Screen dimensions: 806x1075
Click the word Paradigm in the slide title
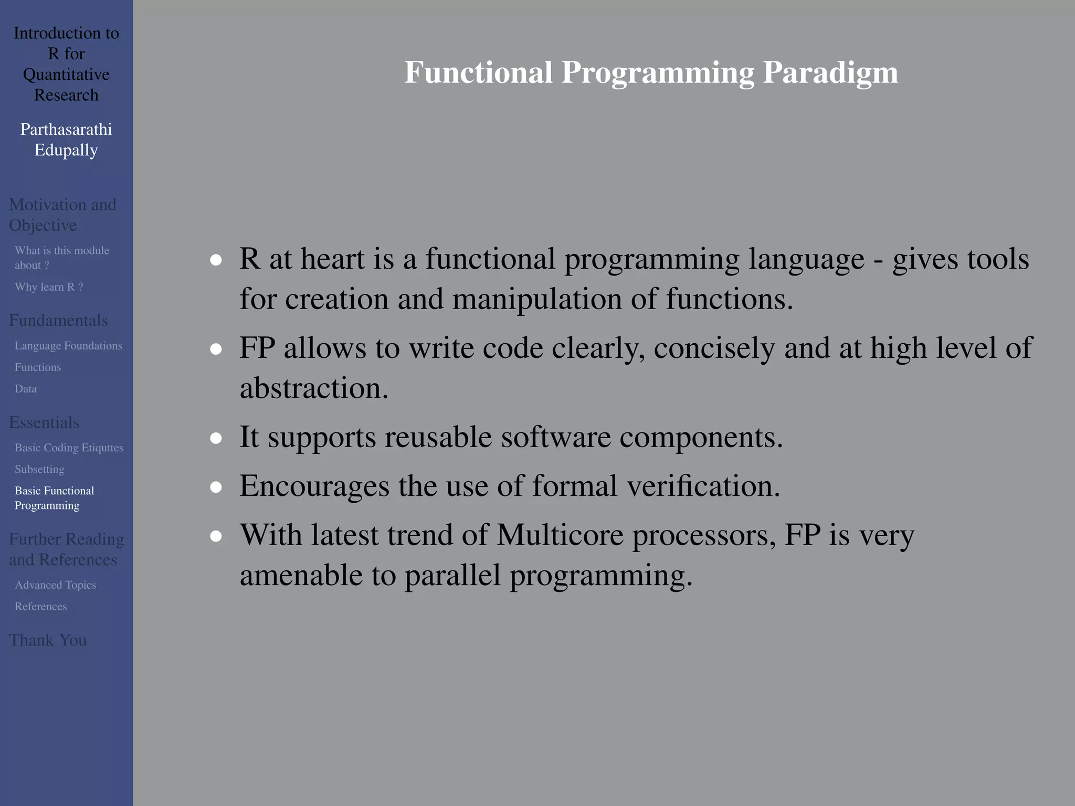point(830,72)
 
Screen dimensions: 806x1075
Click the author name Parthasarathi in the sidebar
point(66,129)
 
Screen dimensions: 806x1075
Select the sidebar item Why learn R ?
point(49,287)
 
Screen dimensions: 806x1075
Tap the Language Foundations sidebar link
point(68,346)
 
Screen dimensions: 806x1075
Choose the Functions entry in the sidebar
point(38,367)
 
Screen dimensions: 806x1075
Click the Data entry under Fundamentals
point(26,389)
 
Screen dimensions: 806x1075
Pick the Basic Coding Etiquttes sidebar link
point(69,448)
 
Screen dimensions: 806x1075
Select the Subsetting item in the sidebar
point(39,469)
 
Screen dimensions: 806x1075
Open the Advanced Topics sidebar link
point(55,585)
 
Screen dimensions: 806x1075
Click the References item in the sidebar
point(40,606)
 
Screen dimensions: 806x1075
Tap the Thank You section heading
point(48,640)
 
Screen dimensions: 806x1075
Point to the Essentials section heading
point(44,422)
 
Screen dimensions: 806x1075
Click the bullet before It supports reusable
point(216,438)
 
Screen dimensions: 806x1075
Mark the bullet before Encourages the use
point(216,487)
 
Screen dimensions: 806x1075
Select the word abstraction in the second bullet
point(314,388)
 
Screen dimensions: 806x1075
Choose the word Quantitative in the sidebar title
point(66,75)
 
